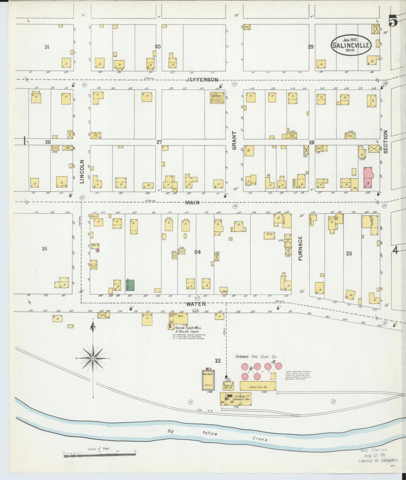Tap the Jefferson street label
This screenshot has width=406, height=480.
[x=202, y=80]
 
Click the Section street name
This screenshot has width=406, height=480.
[x=385, y=142]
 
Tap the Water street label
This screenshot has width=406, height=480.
[x=196, y=304]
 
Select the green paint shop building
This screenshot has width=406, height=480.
[x=130, y=285]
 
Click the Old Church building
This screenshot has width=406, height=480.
[x=217, y=98]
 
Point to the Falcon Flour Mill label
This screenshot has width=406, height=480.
[x=188, y=328]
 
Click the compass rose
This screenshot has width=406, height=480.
[x=93, y=358]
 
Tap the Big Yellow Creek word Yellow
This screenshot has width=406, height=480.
[x=210, y=433]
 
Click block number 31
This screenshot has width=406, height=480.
[x=47, y=47]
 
